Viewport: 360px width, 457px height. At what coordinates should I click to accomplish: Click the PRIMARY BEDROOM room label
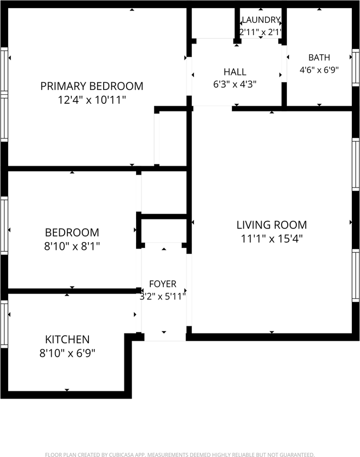[92, 86]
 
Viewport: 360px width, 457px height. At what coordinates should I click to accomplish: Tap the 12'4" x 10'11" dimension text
[92, 100]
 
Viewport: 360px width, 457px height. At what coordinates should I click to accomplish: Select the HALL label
[235, 72]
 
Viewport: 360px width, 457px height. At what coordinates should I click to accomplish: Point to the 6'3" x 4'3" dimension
[235, 84]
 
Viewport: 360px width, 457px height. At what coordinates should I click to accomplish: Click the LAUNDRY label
[261, 20]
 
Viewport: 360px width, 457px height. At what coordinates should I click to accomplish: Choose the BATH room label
[319, 58]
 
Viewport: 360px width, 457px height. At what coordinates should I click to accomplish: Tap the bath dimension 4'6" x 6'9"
[319, 70]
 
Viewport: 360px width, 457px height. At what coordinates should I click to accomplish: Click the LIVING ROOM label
[272, 225]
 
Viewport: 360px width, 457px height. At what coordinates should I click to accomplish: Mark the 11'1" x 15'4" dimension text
[272, 239]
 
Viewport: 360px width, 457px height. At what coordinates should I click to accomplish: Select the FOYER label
[163, 284]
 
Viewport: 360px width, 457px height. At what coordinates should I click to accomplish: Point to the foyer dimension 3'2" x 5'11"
[163, 297]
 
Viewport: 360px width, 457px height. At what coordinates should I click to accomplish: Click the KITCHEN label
[67, 339]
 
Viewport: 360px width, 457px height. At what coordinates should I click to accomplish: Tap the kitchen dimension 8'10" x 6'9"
[67, 354]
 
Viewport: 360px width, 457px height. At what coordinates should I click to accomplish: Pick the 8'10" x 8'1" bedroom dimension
[72, 247]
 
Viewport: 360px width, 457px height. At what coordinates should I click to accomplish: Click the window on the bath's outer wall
[356, 67]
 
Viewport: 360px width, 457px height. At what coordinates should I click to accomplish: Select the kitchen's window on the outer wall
[4, 324]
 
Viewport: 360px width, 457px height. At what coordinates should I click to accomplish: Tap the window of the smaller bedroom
[4, 225]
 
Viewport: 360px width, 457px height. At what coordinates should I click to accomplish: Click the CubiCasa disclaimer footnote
[180, 454]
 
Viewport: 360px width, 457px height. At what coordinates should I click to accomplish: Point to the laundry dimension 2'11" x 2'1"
[261, 32]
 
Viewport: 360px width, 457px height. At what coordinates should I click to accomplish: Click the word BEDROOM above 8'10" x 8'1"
[72, 233]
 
